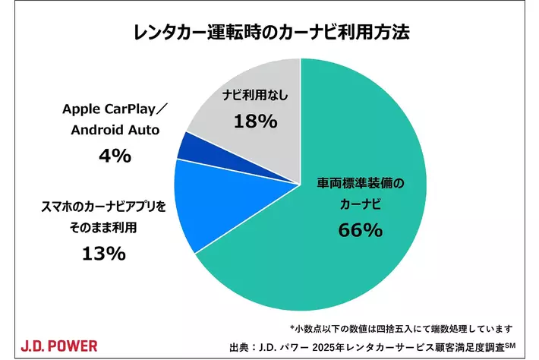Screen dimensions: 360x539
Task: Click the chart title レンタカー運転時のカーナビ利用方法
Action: [x=269, y=34]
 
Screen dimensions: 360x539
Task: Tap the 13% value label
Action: [x=104, y=254]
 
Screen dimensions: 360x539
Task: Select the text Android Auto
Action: [x=115, y=130]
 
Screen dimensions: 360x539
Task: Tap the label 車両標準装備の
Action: [x=361, y=184]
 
